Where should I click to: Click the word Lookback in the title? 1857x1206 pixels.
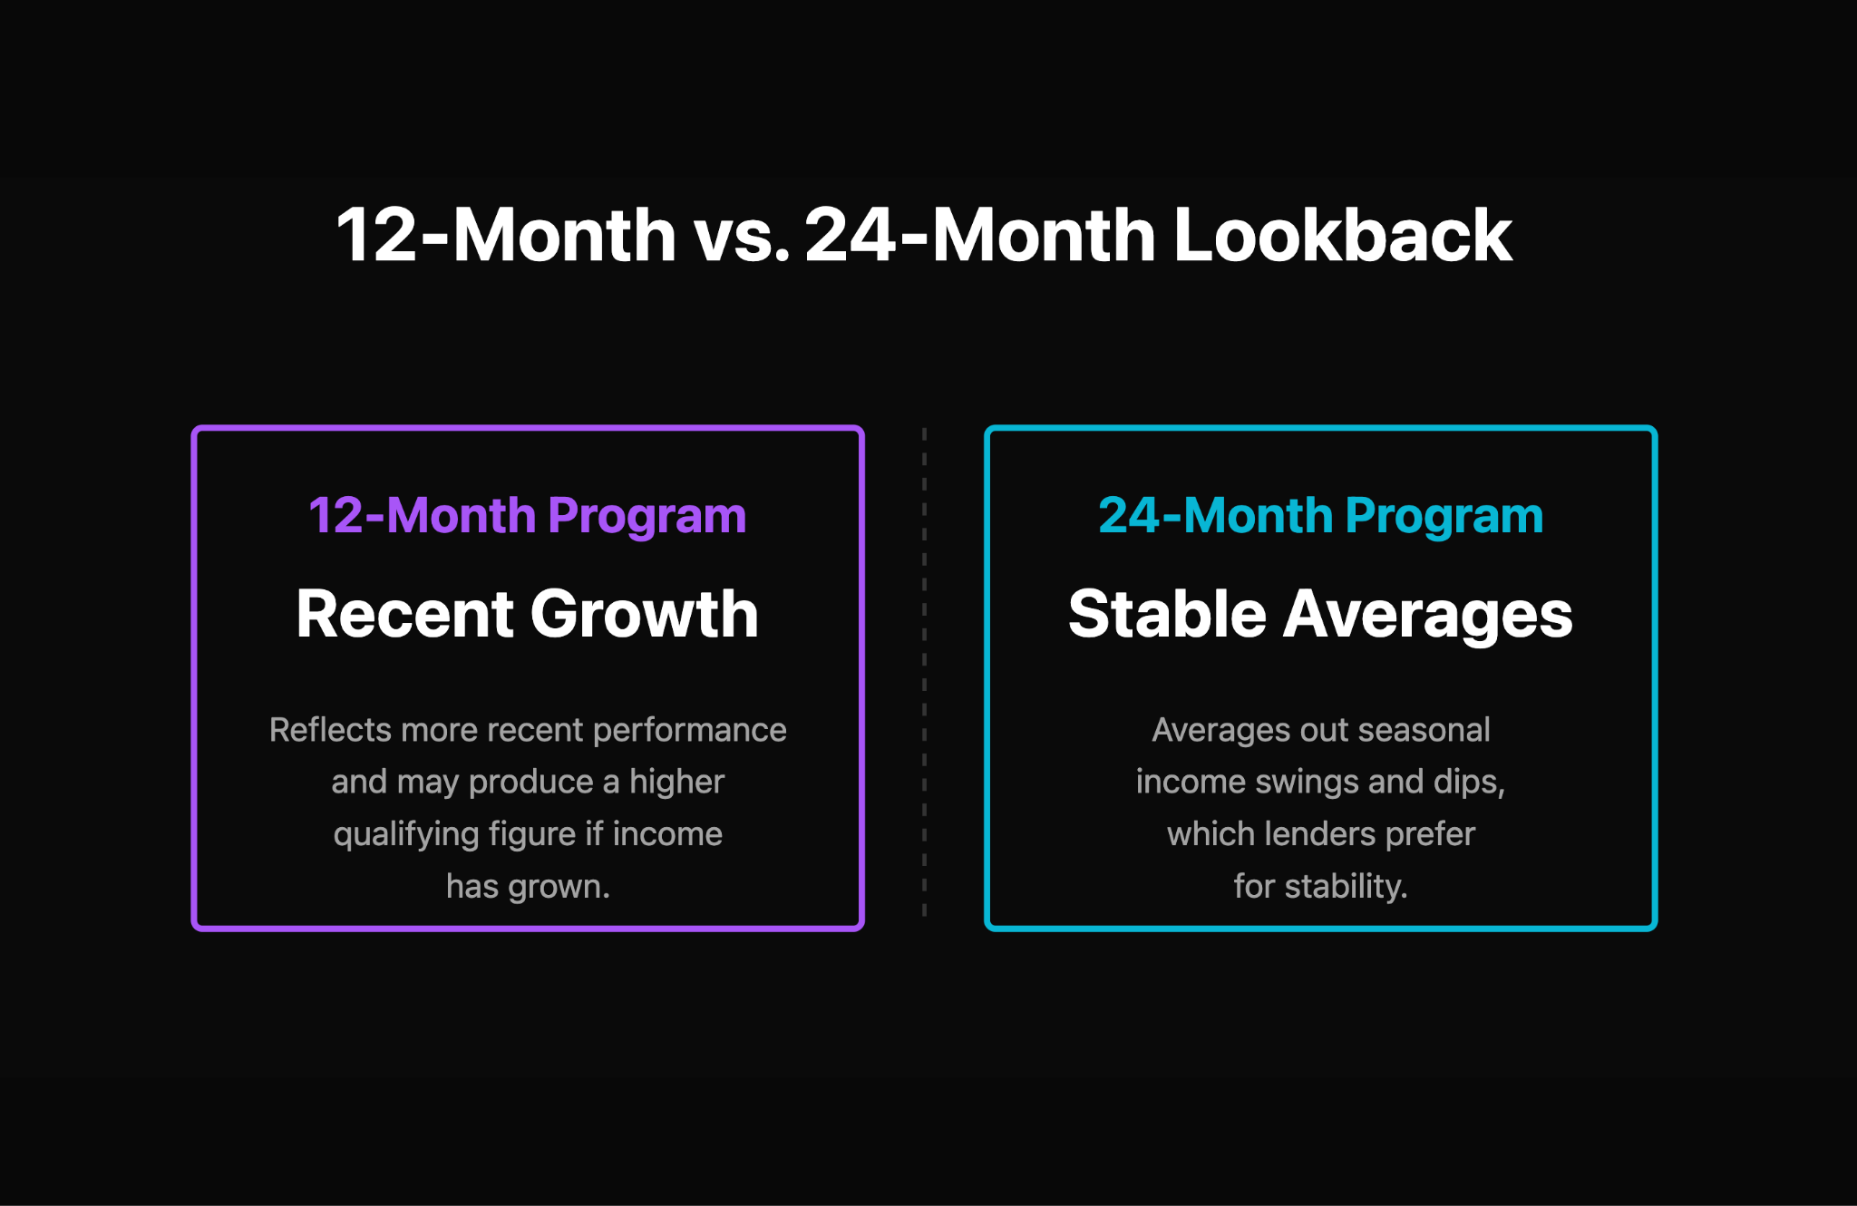point(1342,236)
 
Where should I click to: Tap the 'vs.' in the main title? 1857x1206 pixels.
point(741,236)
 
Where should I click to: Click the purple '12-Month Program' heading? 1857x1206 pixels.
point(527,515)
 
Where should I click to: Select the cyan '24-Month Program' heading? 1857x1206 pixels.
point(1320,515)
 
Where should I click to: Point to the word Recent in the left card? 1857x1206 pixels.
point(404,614)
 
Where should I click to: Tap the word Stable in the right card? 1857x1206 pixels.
point(1166,614)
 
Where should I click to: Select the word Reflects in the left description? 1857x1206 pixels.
point(330,730)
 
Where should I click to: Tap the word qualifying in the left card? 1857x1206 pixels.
point(405,834)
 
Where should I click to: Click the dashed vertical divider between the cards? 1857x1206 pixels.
point(924,671)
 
